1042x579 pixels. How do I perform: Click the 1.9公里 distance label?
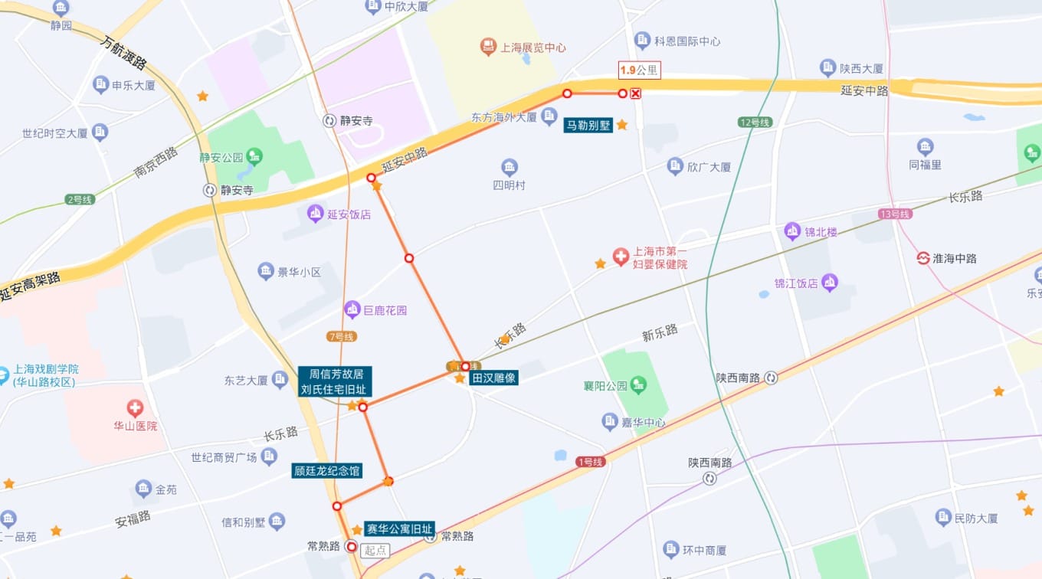pyautogui.click(x=639, y=70)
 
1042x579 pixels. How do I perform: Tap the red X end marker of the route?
pyautogui.click(x=635, y=93)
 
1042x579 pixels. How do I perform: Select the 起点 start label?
pyautogui.click(x=375, y=550)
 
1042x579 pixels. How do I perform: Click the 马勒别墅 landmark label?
pyautogui.click(x=588, y=125)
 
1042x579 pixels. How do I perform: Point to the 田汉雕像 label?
pyautogui.click(x=494, y=378)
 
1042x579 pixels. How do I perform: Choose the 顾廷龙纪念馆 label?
pyautogui.click(x=327, y=471)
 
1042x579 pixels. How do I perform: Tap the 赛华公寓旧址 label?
pyautogui.click(x=399, y=529)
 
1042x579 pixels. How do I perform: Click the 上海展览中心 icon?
pyautogui.click(x=488, y=47)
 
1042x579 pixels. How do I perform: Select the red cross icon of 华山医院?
pyautogui.click(x=135, y=407)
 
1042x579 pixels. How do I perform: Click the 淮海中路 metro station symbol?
pyautogui.click(x=923, y=258)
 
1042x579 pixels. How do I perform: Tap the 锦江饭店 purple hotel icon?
pyautogui.click(x=830, y=283)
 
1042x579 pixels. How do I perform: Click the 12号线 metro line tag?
pyautogui.click(x=754, y=123)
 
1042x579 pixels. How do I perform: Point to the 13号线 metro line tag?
pyautogui.click(x=894, y=214)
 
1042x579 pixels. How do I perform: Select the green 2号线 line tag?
pyautogui.click(x=80, y=199)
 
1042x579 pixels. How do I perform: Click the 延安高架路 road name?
pyautogui.click(x=31, y=286)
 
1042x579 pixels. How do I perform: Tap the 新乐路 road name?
pyautogui.click(x=660, y=332)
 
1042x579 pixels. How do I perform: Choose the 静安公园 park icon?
pyautogui.click(x=254, y=157)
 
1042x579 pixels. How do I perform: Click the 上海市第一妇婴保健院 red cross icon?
pyautogui.click(x=621, y=257)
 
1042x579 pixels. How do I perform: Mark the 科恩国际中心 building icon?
pyautogui.click(x=643, y=41)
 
